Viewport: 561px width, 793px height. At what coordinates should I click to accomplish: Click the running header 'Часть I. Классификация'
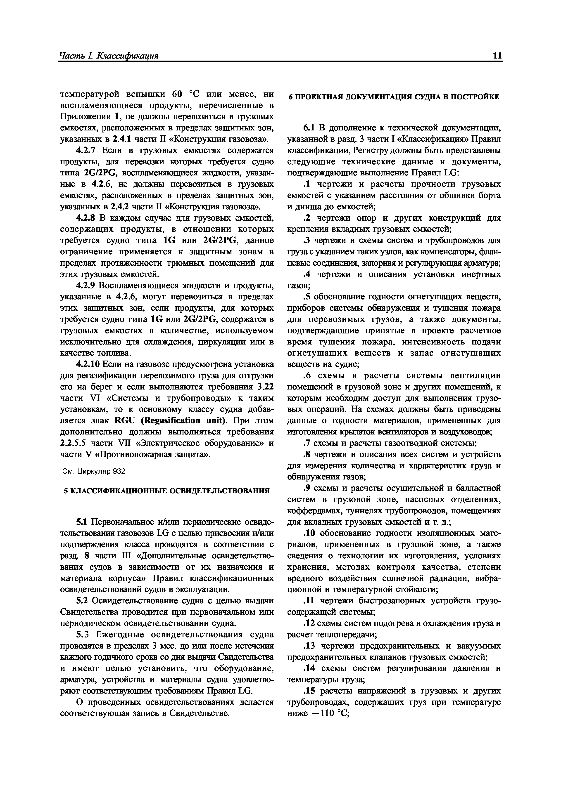pos(109,56)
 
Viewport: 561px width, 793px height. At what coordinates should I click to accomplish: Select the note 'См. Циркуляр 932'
pos(93,472)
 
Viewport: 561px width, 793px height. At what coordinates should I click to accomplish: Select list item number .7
pos(306,443)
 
